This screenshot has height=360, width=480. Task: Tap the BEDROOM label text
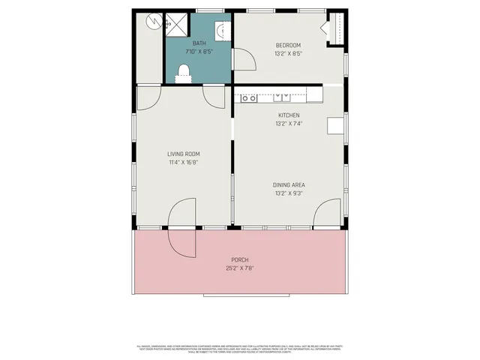coord(287,45)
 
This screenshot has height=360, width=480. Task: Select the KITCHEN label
coord(287,115)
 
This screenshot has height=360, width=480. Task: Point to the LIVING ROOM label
coord(183,154)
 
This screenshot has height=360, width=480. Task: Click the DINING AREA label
coord(289,184)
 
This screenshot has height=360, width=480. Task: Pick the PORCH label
coord(239,260)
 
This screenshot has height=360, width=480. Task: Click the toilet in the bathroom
coord(183,71)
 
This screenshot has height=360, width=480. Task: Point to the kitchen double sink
coord(283,97)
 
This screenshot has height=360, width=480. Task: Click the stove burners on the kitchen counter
coord(248,97)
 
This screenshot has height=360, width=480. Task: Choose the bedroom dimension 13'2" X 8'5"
coord(287,53)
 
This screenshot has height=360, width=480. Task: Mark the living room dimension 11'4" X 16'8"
coord(183,162)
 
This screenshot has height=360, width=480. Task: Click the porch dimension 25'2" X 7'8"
coord(239,268)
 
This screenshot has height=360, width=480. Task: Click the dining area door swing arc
coord(326,214)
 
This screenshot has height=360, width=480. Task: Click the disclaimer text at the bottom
coord(239,349)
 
